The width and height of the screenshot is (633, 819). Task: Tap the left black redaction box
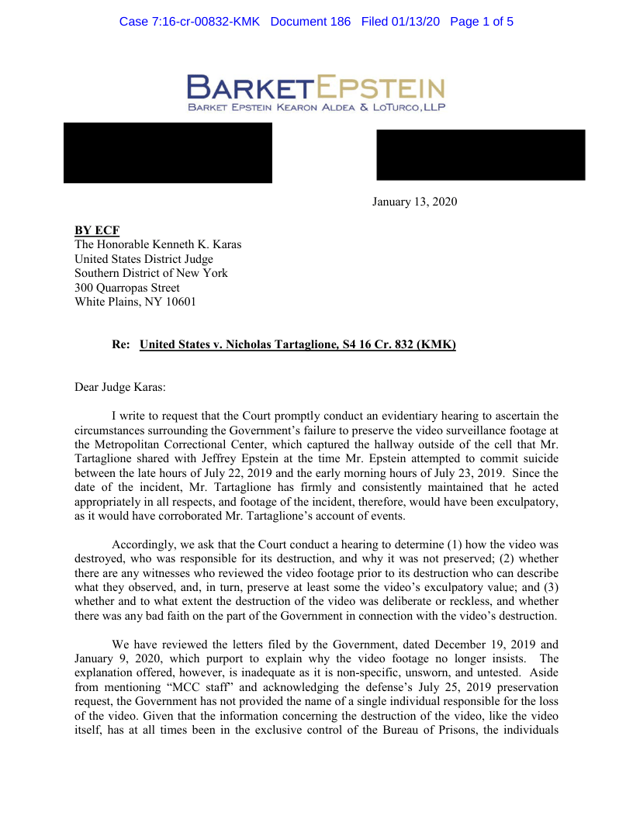[168, 153]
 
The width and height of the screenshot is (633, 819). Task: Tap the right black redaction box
[480, 155]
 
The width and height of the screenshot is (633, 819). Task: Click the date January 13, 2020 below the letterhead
[414, 202]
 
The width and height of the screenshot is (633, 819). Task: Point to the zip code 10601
[180, 302]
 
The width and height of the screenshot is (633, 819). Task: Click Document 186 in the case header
[310, 22]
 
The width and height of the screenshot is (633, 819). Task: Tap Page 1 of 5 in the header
[481, 22]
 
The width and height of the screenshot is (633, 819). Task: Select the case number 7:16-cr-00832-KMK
[190, 22]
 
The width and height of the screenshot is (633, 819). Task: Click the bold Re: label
[122, 344]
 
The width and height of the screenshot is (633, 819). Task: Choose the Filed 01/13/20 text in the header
[400, 22]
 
